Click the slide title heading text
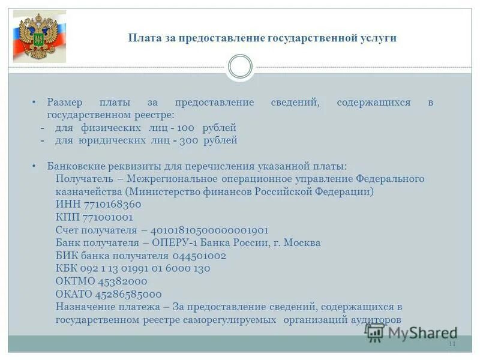[262, 38]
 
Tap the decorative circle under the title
[240, 67]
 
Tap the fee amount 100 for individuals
[186, 128]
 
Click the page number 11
[452, 344]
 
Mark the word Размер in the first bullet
[67, 103]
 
